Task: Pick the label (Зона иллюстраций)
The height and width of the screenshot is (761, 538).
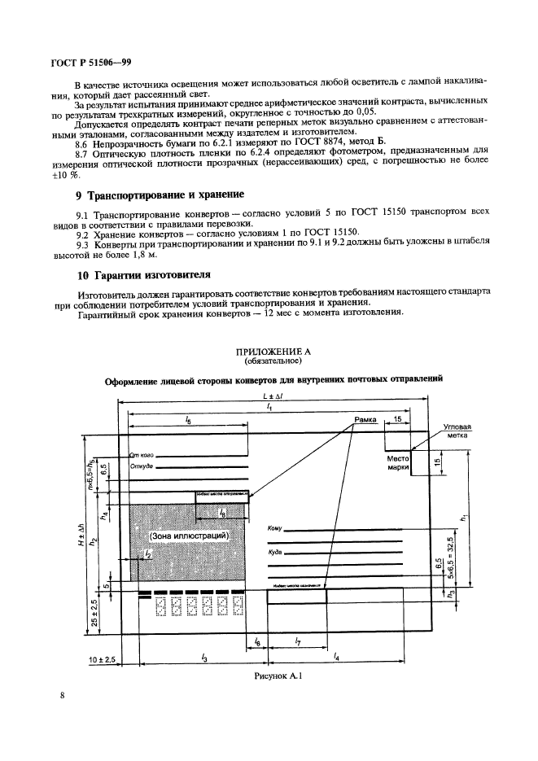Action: click(188, 536)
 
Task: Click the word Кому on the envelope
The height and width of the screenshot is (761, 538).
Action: click(273, 529)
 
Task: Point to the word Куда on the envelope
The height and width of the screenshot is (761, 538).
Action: click(273, 552)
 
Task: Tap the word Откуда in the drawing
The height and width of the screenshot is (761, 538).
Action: click(141, 467)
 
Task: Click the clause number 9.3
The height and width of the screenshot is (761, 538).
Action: click(82, 243)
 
